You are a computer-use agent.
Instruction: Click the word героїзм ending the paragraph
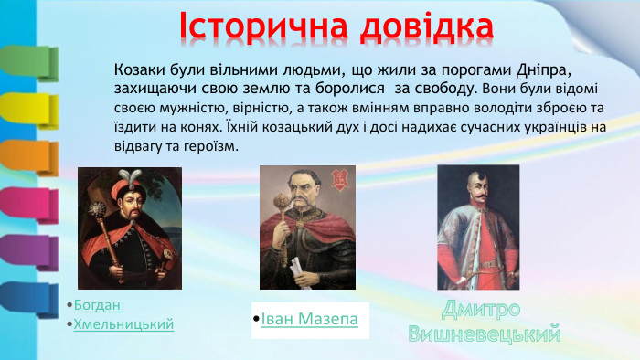coord(211,147)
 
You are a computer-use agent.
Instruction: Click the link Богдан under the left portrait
coord(99,304)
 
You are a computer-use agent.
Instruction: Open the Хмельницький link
coord(123,324)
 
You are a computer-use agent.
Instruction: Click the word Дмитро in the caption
coord(481,308)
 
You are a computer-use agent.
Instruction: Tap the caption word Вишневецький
coord(484,334)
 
